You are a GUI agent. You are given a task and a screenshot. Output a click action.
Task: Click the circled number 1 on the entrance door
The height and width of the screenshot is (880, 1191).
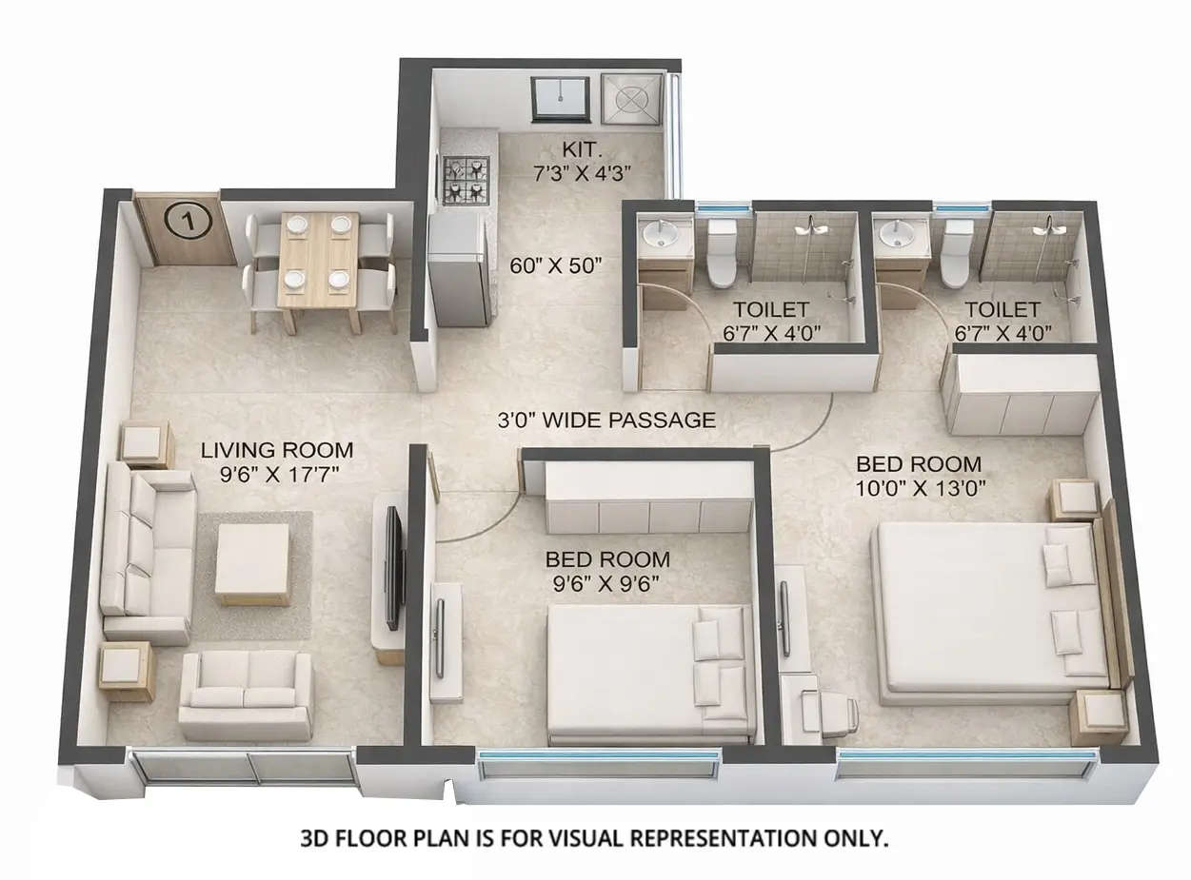(x=187, y=222)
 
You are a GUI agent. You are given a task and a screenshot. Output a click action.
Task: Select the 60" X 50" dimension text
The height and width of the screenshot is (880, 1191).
(x=556, y=265)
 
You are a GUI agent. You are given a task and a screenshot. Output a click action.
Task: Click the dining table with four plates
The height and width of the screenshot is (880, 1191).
(x=318, y=259)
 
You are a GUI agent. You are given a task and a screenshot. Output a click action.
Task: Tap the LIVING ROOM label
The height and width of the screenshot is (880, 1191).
(x=276, y=450)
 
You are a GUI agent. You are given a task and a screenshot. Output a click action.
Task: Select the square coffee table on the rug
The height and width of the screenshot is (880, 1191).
(x=252, y=563)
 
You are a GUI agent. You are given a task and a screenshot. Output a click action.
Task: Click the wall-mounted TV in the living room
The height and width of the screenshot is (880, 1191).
(x=394, y=568)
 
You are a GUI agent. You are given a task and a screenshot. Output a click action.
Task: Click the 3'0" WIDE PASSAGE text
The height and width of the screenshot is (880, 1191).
(x=605, y=420)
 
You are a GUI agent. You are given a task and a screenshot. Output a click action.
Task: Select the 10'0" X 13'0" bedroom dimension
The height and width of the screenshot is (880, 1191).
(x=920, y=488)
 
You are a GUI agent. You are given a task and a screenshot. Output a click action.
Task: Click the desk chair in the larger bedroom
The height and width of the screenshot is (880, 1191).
(x=828, y=712)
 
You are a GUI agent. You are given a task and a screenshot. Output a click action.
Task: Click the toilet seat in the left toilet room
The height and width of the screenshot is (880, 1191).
(x=723, y=255)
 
